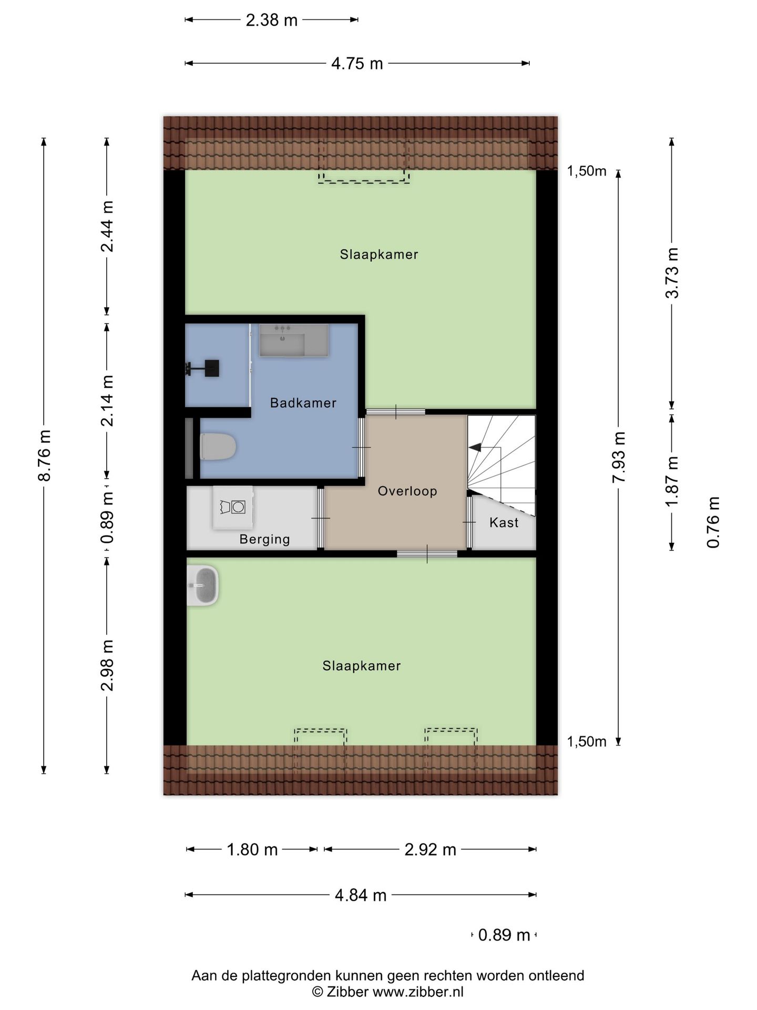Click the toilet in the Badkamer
coord(218,446)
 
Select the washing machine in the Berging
coord(232,507)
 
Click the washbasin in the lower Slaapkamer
coord(203,585)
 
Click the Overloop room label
coord(407,491)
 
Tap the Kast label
coord(504,522)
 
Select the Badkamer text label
coord(303,403)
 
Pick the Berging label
coord(264,539)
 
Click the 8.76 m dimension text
coord(45,456)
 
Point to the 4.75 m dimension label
coord(357,64)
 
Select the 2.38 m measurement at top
coord(272,21)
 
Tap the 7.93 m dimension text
coord(619,457)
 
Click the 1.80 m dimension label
coord(252,850)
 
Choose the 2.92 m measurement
coord(430,850)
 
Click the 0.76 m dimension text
coord(713,522)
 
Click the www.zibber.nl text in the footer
coord(418,992)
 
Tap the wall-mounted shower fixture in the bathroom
coord(202,368)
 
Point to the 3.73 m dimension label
coord(672,273)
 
